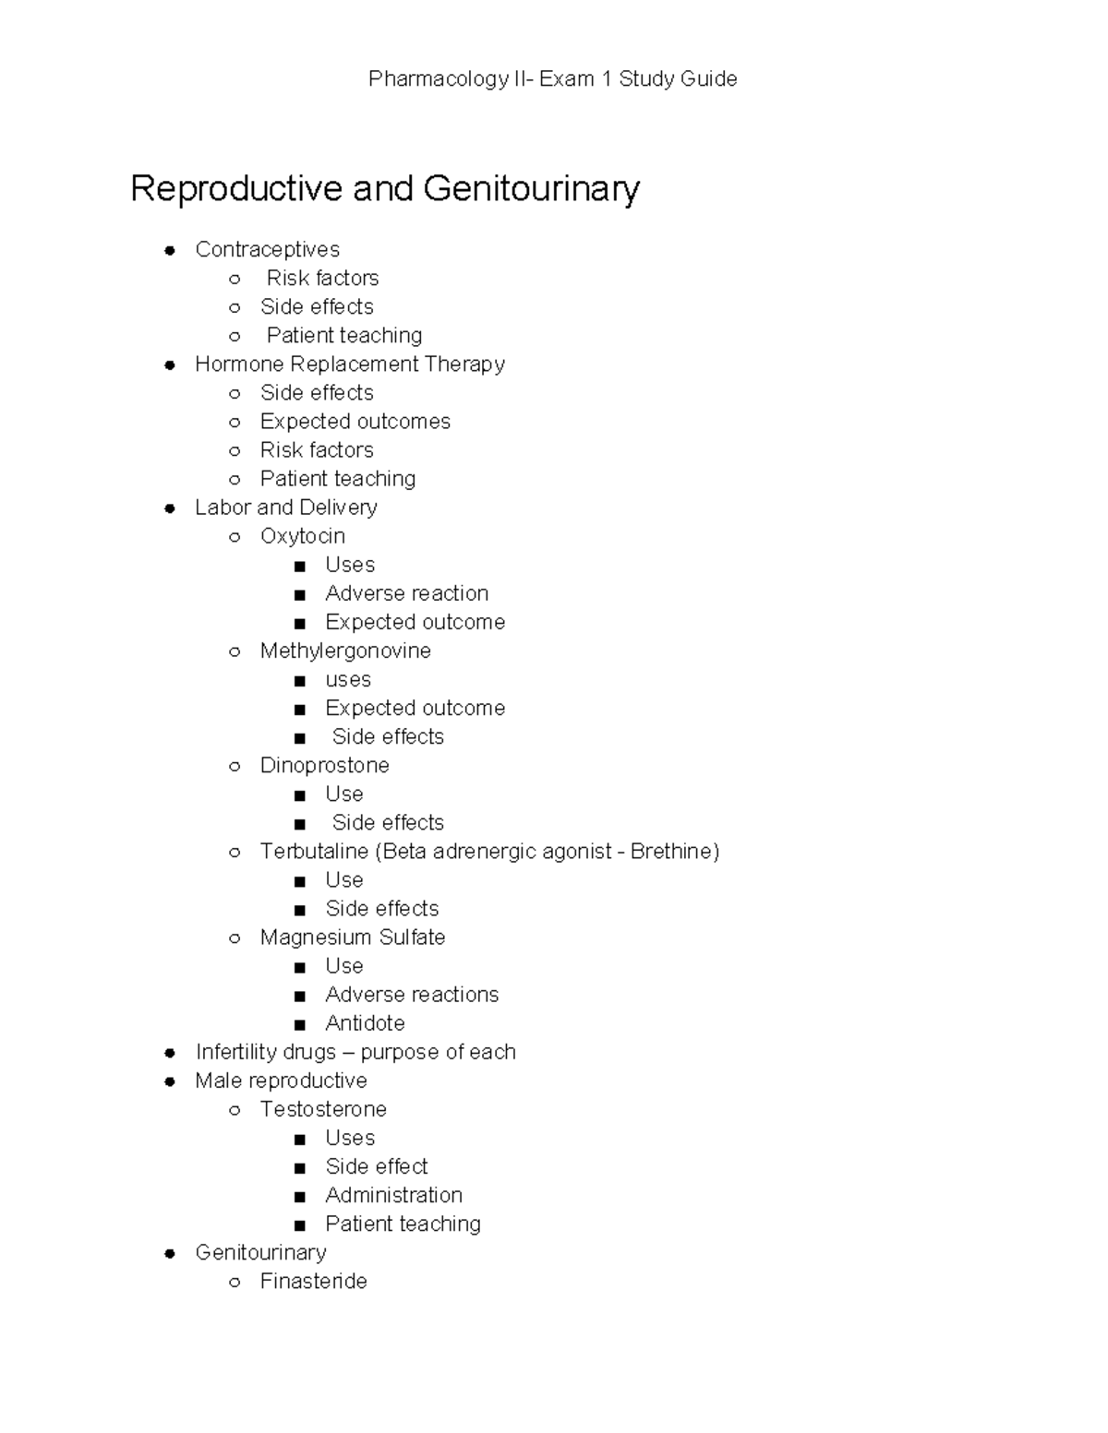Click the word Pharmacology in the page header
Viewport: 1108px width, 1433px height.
438,79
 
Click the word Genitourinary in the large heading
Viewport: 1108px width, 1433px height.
531,189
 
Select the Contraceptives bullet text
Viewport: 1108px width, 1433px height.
267,250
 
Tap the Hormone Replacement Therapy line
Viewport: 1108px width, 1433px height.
350,364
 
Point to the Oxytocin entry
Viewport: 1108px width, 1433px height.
302,536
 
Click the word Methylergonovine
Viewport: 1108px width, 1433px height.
345,651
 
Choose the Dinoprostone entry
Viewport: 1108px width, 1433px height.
324,766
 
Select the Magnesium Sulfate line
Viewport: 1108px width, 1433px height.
353,937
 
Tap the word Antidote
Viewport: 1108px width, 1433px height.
365,1023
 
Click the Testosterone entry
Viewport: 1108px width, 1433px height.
323,1109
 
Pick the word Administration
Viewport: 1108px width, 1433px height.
393,1195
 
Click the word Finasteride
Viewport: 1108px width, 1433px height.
313,1281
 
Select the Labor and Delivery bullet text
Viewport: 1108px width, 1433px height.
286,508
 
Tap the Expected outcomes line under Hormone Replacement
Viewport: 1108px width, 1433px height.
355,422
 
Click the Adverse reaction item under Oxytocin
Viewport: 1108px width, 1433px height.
406,593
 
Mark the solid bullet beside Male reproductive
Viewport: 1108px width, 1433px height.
170,1081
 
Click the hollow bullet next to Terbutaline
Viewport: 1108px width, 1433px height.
235,853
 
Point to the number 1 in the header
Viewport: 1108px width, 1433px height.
606,79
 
